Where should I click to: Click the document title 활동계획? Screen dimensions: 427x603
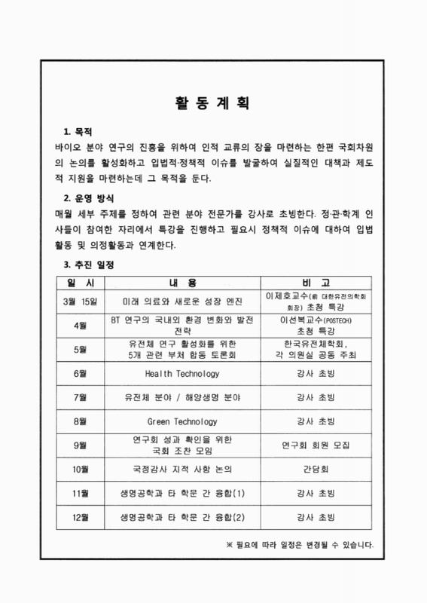213,104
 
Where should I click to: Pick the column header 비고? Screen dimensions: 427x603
316,283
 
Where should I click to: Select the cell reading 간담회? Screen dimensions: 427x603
316,469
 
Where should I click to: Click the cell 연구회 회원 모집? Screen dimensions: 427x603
316,445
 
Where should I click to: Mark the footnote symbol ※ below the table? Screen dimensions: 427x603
231,544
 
